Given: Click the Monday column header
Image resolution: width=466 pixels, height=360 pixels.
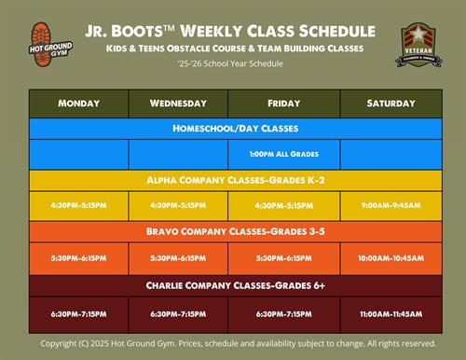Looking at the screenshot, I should tap(78, 103).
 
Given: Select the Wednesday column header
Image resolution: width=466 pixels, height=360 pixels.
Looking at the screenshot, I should tap(177, 103).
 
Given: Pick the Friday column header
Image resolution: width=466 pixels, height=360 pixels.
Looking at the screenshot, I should tap(282, 103).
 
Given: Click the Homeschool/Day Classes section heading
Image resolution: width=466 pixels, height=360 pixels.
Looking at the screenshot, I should tap(233, 128).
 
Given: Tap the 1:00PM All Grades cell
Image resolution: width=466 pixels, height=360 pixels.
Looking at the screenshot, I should tap(282, 154).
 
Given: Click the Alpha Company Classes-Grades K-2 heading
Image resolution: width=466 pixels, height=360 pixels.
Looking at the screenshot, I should tap(233, 179).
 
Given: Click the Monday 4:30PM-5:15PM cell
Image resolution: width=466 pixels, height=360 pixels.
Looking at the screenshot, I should tap(78, 205).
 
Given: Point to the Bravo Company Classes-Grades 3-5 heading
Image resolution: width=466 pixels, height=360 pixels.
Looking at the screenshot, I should tap(233, 230).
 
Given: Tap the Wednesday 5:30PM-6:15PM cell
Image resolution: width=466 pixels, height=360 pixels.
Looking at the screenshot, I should tap(177, 257).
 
